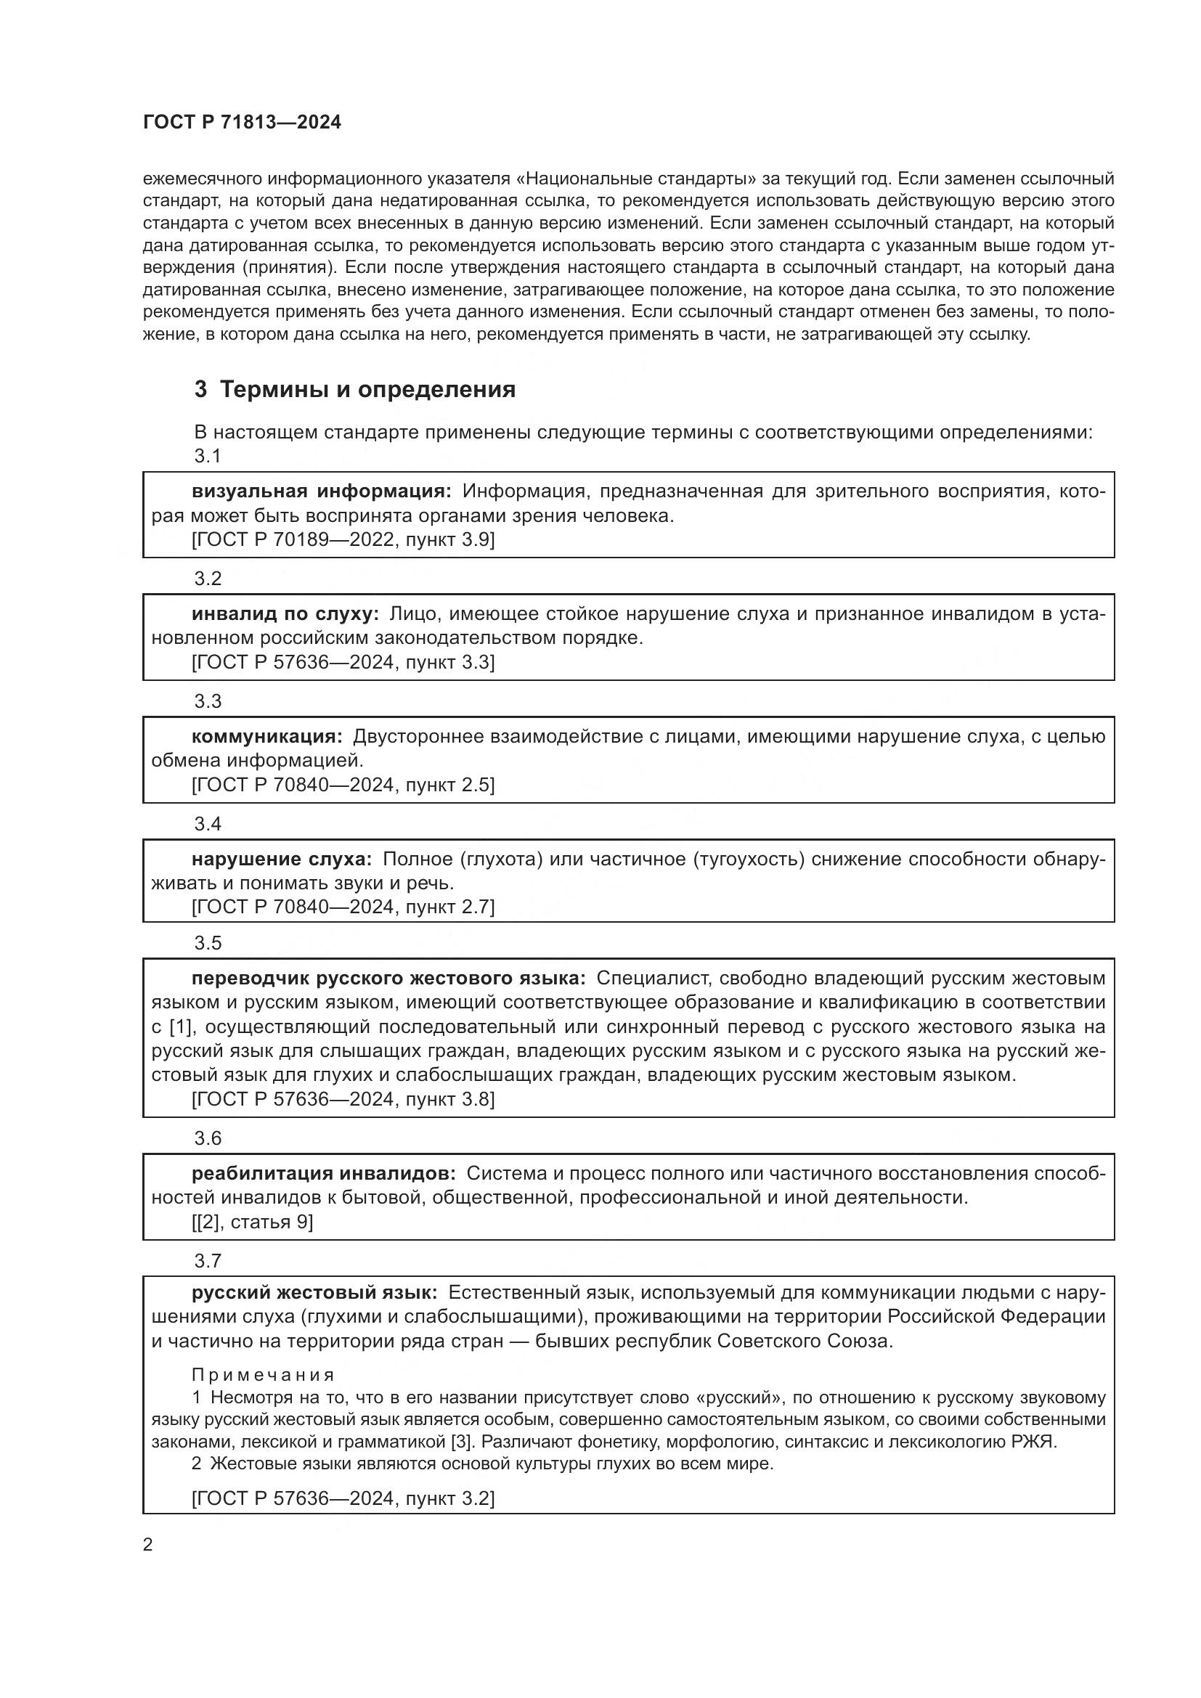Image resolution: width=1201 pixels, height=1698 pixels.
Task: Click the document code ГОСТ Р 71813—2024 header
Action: coord(242,123)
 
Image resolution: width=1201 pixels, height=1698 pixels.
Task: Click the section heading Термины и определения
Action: coord(367,390)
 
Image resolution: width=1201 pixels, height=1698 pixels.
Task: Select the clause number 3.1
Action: coord(208,457)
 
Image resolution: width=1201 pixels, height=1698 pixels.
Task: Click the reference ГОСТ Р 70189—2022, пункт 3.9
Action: coord(343,540)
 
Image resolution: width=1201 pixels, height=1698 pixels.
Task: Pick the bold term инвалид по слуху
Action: coord(285,614)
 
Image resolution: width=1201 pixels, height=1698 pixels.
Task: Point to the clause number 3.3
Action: coord(208,701)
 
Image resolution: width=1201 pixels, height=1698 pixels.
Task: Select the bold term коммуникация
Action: coord(267,737)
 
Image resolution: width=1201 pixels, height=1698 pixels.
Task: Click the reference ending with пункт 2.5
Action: coord(343,785)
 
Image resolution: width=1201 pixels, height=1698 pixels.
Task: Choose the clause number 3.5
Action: coord(208,943)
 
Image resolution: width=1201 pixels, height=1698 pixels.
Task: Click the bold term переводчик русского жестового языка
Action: coord(388,979)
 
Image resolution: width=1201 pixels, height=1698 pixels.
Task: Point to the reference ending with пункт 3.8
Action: coord(343,1099)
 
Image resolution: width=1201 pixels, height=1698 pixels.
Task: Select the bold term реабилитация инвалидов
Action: coord(323,1174)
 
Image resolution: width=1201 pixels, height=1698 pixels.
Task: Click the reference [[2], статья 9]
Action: coord(252,1222)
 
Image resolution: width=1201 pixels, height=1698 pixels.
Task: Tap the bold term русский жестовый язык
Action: coord(314,1293)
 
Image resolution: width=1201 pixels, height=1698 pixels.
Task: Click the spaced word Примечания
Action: coord(263,1375)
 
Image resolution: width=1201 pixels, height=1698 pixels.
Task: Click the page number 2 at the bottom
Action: coord(148,1545)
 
